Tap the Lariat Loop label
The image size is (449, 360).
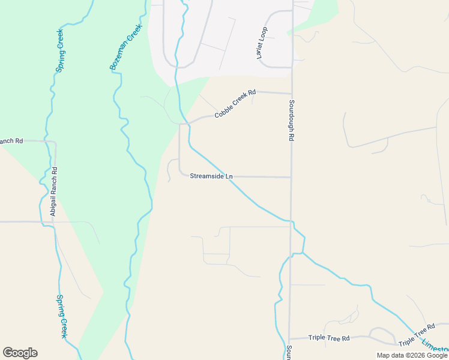(x=262, y=42)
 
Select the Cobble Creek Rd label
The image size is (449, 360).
(x=235, y=103)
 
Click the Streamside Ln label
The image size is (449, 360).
(x=211, y=176)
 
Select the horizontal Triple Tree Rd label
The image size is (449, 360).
(x=328, y=338)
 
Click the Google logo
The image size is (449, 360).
(x=20, y=353)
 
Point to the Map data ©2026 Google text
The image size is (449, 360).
(x=412, y=355)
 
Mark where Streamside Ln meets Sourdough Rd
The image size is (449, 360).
(x=291, y=177)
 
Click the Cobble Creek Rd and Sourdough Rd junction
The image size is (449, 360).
(x=291, y=94)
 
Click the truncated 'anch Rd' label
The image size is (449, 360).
(x=11, y=141)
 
